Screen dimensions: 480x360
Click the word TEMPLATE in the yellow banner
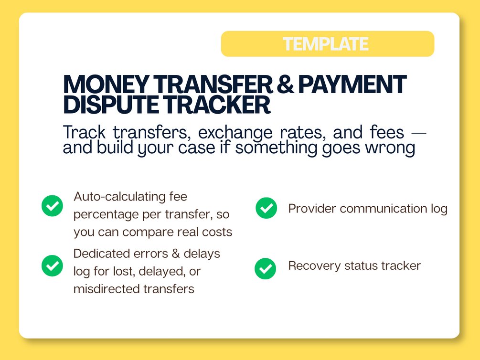[325, 44]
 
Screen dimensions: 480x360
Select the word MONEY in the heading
[106, 85]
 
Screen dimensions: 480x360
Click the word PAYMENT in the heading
[352, 85]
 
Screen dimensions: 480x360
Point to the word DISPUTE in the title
[111, 105]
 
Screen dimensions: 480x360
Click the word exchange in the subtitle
[235, 133]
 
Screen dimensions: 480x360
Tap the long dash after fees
[418, 133]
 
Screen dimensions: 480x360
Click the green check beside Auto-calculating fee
[53, 206]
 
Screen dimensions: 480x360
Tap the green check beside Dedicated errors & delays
[53, 266]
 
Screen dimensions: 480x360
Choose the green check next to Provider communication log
[267, 208]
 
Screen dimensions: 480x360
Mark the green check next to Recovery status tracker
[266, 269]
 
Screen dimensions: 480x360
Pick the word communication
[383, 209]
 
